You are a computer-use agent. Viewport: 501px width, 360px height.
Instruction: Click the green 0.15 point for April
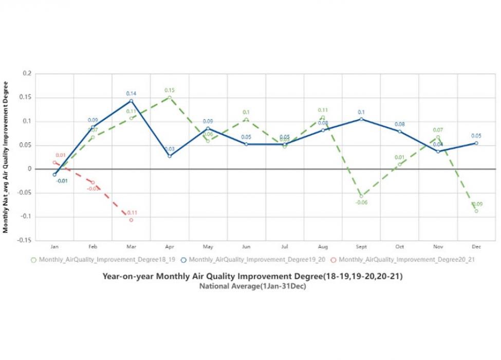pos(170,97)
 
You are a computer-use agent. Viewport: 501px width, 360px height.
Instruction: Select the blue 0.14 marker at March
pos(131,101)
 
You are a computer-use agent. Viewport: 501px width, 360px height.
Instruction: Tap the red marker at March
pos(131,220)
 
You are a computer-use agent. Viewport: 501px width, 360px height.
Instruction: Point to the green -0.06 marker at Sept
pos(361,196)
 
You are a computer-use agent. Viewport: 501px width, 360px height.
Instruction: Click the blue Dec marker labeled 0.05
pos(476,143)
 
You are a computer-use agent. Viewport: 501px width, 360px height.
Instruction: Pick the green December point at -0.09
pos(476,211)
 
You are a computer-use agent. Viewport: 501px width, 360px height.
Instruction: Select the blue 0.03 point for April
pos(170,156)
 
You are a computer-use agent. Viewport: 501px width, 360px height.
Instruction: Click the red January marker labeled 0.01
pos(54,163)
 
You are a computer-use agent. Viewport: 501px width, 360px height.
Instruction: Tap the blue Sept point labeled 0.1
pos(361,119)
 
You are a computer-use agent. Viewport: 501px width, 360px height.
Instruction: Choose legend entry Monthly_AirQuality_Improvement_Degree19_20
pos(255,260)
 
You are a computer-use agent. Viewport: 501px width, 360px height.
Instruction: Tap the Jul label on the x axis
pos(284,247)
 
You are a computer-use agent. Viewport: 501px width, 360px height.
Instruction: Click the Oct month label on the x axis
pos(400,247)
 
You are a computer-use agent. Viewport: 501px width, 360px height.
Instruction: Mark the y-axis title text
pos(6,157)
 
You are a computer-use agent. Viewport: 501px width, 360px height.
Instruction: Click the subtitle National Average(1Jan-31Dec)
pos(252,286)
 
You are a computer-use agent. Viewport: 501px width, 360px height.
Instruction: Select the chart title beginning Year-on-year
pos(252,276)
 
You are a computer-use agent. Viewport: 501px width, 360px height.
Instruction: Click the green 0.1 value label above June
pos(246,112)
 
